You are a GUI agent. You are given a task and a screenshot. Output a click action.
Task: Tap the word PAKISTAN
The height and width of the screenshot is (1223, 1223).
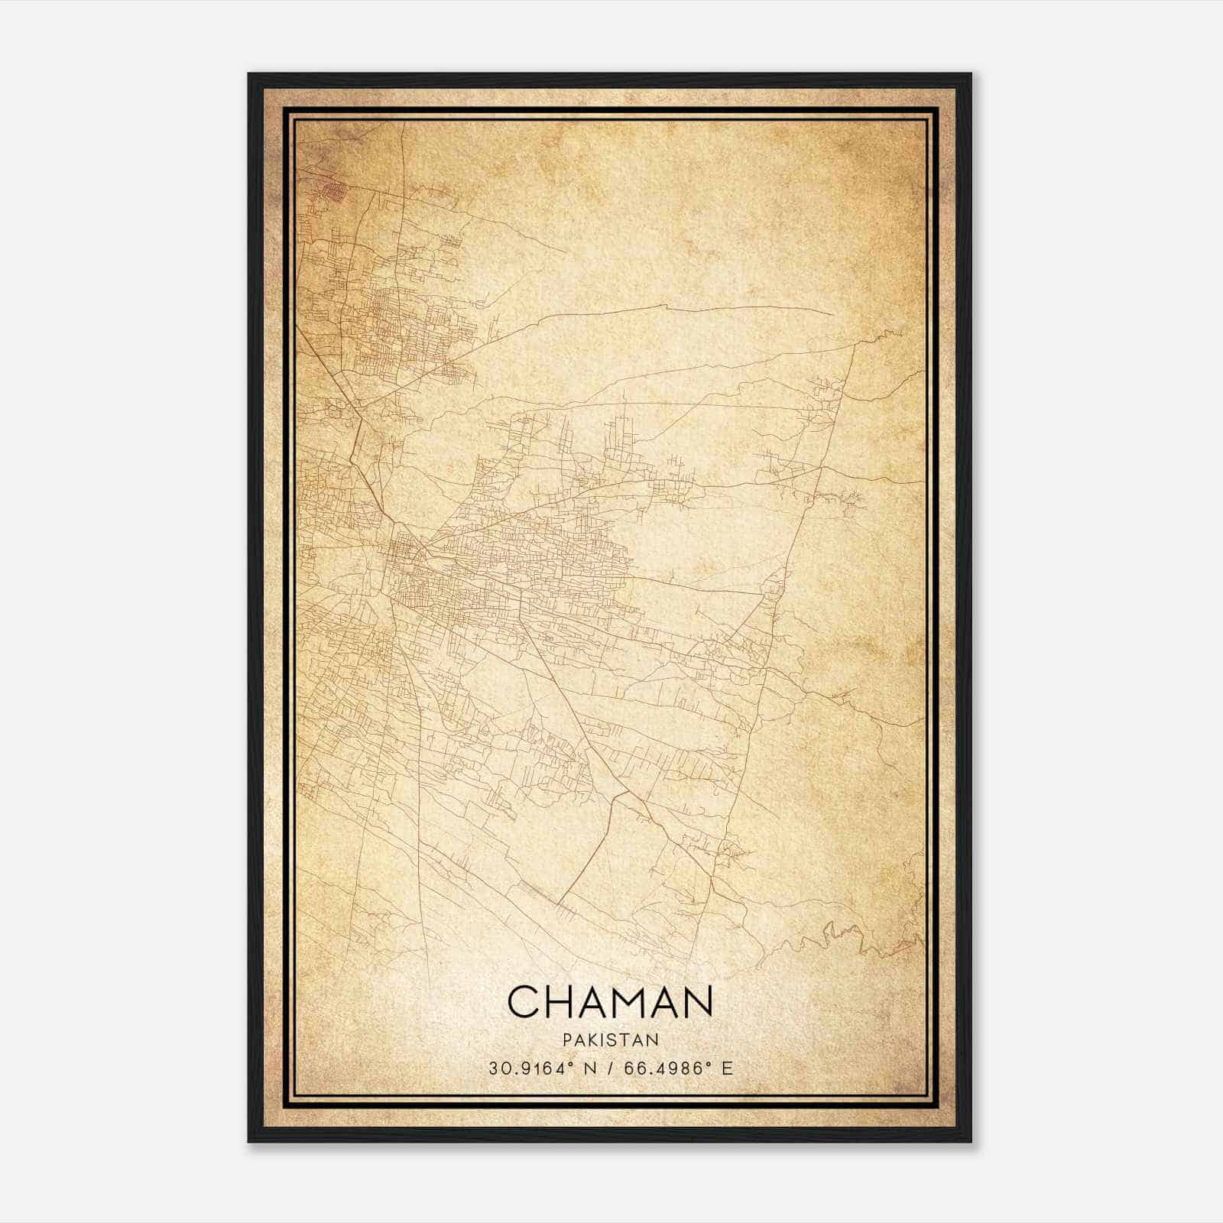tap(610, 1040)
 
